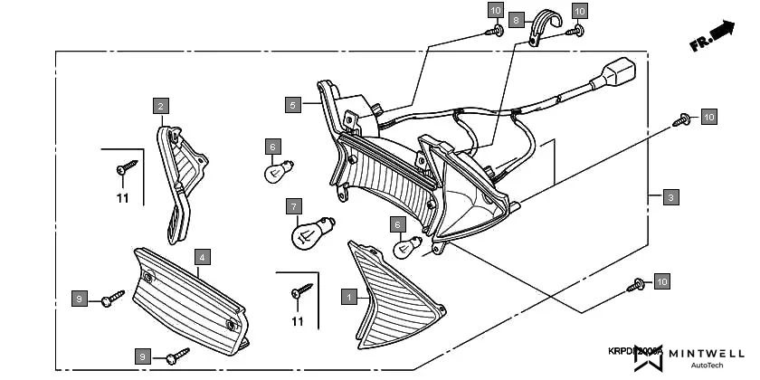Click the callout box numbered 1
[348, 295]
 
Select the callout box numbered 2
[159, 106]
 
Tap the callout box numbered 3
[669, 196]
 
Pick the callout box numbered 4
[203, 258]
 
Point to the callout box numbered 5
[291, 105]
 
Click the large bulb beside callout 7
[310, 234]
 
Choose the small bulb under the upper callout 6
[275, 171]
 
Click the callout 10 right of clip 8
[580, 11]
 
